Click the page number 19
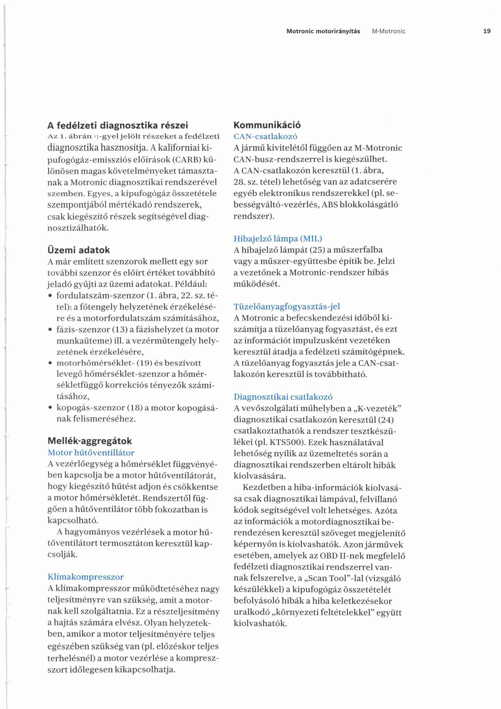[x=487, y=31]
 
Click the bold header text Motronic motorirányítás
[x=323, y=31]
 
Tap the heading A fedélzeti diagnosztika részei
[x=118, y=125]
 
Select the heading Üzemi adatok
[x=79, y=250]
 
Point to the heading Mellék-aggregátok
[x=90, y=441]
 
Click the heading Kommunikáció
[x=267, y=125]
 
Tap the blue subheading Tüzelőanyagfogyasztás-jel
[x=287, y=307]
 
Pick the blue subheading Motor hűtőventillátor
[x=91, y=453]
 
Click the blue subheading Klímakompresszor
[x=86, y=577]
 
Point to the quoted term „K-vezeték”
[x=377, y=409]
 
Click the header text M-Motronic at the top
[x=389, y=31]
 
